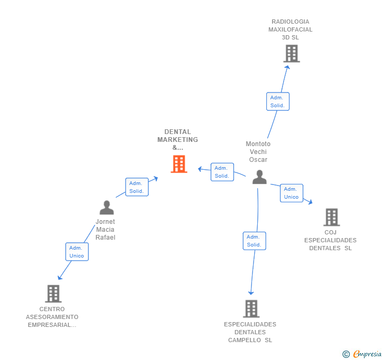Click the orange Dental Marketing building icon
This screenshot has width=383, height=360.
click(179, 164)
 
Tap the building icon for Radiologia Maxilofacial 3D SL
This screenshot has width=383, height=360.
click(291, 54)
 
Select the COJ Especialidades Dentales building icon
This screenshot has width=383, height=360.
click(331, 217)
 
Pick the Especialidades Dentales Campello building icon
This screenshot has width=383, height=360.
click(251, 308)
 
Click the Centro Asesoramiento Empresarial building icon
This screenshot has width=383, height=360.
click(53, 294)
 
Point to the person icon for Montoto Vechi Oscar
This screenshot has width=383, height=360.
click(259, 177)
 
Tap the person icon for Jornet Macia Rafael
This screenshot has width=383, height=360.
click(107, 208)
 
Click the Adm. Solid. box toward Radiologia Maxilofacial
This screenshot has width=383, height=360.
click(278, 101)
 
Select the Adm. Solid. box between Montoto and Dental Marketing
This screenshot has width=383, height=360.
click(222, 172)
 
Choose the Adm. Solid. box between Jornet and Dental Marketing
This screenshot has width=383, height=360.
click(137, 187)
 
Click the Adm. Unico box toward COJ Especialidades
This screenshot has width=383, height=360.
click(291, 193)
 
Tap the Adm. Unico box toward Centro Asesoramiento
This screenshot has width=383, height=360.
click(77, 252)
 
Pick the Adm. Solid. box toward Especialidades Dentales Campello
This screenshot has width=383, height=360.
click(254, 241)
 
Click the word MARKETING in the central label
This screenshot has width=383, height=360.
click(178, 140)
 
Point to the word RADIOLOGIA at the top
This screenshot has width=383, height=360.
click(290, 22)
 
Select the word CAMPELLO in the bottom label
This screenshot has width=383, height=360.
click(245, 340)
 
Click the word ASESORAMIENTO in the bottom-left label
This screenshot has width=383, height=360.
click(52, 317)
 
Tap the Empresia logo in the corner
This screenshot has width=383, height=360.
click(362, 354)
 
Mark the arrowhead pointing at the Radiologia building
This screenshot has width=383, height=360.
click(287, 67)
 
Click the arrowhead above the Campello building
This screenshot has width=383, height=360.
click(251, 293)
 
